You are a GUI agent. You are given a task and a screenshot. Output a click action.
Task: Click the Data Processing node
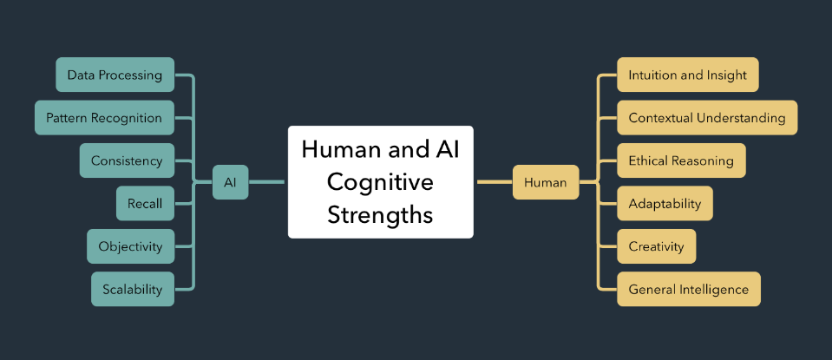tap(115, 75)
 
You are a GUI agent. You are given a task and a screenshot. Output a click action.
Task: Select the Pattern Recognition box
tap(103, 117)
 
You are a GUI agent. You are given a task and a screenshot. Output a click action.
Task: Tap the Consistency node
tap(127, 160)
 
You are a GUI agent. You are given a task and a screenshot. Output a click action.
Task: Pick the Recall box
tap(145, 203)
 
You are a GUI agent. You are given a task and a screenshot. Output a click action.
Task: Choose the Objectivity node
tap(130, 246)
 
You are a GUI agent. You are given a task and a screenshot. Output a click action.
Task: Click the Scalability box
tap(132, 289)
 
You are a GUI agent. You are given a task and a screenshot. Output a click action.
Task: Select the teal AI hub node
tap(230, 182)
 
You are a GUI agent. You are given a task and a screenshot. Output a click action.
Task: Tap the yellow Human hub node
tap(545, 182)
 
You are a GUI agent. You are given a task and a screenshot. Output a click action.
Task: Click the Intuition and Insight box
tap(687, 75)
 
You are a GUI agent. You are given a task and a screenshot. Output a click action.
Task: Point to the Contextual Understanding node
tap(706, 117)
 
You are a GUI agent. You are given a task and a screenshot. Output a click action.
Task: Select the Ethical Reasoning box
tap(680, 160)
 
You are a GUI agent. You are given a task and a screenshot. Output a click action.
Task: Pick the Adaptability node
tap(665, 203)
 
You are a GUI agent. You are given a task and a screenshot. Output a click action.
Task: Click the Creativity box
tap(656, 246)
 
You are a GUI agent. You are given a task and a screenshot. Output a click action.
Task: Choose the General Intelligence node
tap(688, 289)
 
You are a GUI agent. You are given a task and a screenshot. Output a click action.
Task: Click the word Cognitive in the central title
tap(380, 182)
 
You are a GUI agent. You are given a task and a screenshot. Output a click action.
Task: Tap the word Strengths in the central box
tap(380, 214)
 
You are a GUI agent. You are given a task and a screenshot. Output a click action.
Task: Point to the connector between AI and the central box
tap(267, 182)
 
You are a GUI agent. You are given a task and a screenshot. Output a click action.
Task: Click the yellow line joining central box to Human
tap(493, 182)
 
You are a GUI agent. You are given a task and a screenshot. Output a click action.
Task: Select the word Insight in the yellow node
tap(726, 75)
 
